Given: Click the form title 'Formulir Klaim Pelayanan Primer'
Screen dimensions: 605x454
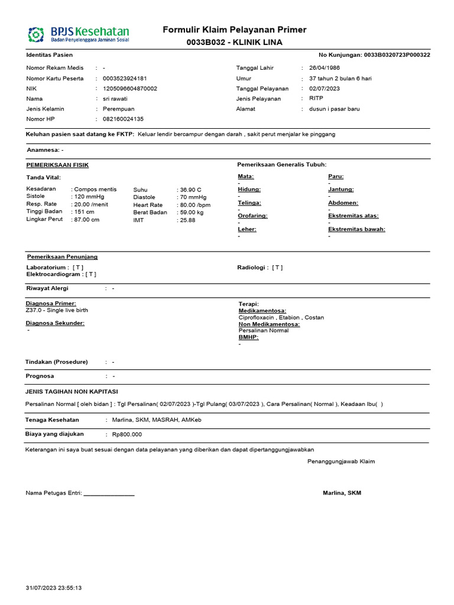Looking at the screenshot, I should (x=234, y=30).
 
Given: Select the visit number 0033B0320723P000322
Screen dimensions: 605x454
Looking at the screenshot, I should (x=397, y=55).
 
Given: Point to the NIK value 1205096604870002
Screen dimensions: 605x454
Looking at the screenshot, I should (x=130, y=89).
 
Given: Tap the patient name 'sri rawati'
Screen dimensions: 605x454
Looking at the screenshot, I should (x=115, y=99).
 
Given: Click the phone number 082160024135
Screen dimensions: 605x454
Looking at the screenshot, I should (x=123, y=119).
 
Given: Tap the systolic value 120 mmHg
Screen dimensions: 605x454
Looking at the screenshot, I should (x=89, y=197).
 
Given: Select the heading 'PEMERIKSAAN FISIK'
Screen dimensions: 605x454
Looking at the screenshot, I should (x=57, y=165).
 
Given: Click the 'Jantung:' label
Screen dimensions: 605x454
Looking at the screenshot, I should (x=340, y=189).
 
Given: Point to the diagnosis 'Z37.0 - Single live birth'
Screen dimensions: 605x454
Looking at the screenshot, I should (x=57, y=310).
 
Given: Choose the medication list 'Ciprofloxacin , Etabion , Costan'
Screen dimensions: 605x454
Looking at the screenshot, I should (x=281, y=317).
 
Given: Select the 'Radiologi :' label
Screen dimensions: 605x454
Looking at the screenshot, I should (x=252, y=268).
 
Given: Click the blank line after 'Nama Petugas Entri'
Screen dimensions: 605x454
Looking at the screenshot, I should (x=109, y=493).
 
